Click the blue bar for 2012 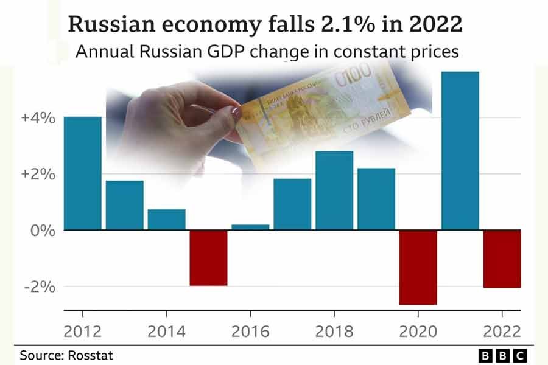pos(82,173)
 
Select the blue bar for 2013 pos(125,205)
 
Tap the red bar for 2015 pos(208,257)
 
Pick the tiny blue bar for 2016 pos(250,227)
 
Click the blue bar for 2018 pos(334,190)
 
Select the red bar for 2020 pos(418,267)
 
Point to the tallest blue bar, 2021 pos(460,151)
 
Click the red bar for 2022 pos(502,259)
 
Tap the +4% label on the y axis pos(38,117)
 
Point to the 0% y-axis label pos(43,231)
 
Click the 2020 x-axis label pos(418,332)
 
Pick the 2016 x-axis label pos(250,332)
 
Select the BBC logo pos(502,355)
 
